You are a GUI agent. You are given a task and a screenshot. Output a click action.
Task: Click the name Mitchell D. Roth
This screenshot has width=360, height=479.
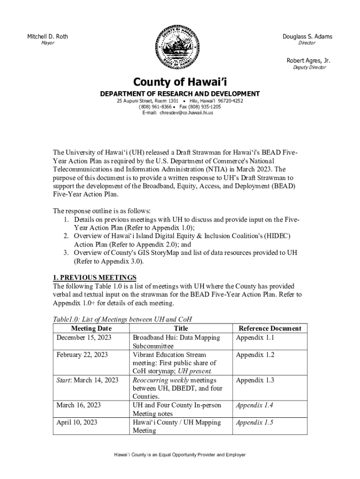tap(47, 36)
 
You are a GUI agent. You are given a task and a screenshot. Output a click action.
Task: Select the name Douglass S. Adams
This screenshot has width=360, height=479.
tap(307, 36)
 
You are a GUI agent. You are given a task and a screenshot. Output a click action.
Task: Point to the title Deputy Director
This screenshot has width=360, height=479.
tap(309, 67)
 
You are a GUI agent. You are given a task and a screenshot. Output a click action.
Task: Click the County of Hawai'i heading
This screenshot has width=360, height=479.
tap(180, 82)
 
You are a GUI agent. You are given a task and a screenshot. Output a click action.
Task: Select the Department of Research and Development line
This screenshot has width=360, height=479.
tap(180, 94)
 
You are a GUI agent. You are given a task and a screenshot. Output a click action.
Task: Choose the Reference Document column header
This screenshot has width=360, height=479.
tap(270, 328)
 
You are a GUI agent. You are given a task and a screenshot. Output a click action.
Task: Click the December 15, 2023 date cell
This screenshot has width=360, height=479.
tap(83, 337)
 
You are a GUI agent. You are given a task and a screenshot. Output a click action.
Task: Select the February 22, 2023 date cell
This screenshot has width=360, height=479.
tap(82, 355)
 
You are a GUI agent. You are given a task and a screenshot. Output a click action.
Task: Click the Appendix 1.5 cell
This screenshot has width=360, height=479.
tap(254, 422)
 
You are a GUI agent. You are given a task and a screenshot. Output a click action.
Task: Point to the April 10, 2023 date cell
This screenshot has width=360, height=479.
tap(77, 422)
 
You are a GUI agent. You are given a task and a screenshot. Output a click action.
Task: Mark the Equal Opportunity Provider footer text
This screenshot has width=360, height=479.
tap(180, 455)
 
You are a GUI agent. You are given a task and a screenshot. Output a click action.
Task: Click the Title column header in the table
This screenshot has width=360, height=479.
tap(180, 328)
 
